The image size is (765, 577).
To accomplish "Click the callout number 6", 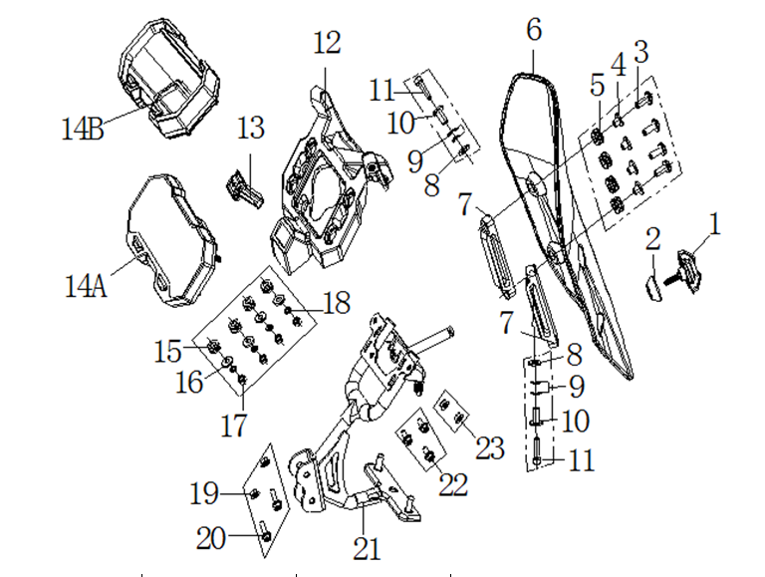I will click(534, 30).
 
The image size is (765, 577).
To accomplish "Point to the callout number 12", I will click(326, 43).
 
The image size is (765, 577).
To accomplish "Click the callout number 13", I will click(251, 128).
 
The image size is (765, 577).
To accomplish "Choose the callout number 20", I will click(211, 539).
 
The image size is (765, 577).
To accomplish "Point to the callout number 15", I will click(168, 351).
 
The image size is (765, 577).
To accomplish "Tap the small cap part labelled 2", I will click(650, 289).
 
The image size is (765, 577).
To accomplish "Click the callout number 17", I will click(233, 426).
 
